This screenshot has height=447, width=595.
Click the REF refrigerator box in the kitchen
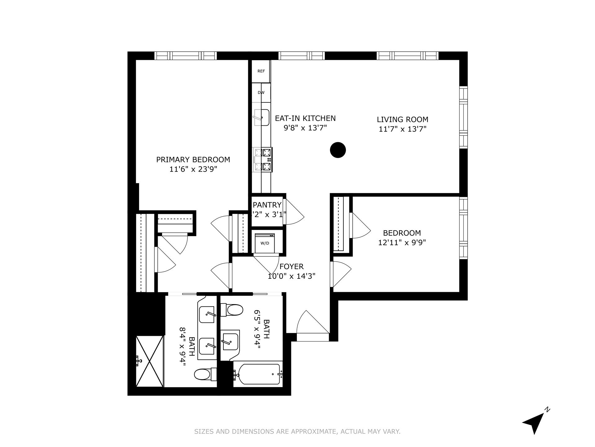pyautogui.click(x=261, y=71)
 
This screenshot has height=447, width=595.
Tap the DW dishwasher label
pyautogui.click(x=261, y=93)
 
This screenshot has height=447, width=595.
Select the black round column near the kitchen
pyautogui.click(x=338, y=150)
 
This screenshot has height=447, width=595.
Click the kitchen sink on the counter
pyautogui.click(x=262, y=117)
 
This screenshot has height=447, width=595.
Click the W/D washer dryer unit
pyautogui.click(x=264, y=243)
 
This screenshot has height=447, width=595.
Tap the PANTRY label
pyautogui.click(x=267, y=205)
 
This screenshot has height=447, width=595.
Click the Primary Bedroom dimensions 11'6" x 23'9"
pyautogui.click(x=193, y=169)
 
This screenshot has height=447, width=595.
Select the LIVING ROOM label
pyautogui.click(x=402, y=120)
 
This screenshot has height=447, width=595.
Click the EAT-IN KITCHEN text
pyautogui.click(x=305, y=118)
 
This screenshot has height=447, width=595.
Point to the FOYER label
pyautogui.click(x=291, y=266)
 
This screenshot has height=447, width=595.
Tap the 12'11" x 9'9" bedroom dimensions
pyautogui.click(x=402, y=242)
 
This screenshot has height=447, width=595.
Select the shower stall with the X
pyautogui.click(x=150, y=361)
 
